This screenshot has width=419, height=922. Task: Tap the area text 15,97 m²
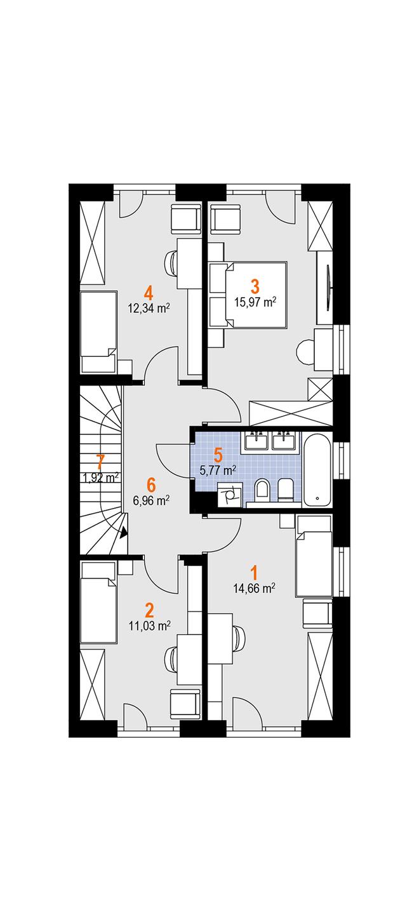tap(255, 302)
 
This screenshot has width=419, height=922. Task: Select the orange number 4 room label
tap(149, 293)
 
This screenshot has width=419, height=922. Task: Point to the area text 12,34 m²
tap(149, 309)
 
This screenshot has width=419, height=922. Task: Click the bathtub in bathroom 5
tap(317, 469)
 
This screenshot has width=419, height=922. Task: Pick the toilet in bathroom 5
tap(262, 491)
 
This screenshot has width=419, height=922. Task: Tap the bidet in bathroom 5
tap(285, 491)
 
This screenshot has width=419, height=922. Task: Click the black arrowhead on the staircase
tap(123, 533)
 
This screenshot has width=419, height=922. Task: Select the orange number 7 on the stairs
tap(100, 462)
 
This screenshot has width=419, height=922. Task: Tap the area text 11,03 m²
tap(150, 626)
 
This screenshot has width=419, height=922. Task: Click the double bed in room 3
tap(248, 295)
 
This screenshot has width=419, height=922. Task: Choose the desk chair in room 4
tap(171, 262)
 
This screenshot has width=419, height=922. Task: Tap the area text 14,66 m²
tap(255, 588)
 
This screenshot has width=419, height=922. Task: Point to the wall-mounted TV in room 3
tap(328, 288)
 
